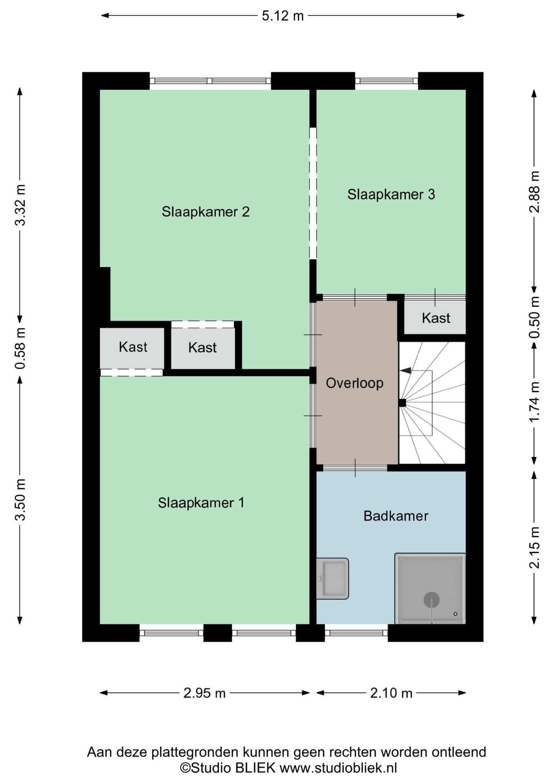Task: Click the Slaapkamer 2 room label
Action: pos(205,212)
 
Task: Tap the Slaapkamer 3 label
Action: pos(391,194)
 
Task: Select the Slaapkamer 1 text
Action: pos(201,502)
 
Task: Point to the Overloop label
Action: pos(355,383)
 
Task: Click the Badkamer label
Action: pos(396,516)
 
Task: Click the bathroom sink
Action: pos(332,578)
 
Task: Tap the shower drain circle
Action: pos(431,599)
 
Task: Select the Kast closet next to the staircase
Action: pos(436,318)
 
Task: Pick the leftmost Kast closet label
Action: pos(133,347)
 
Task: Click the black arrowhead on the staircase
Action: pos(406,370)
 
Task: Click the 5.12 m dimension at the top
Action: pos(283,16)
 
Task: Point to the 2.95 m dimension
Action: pos(204,693)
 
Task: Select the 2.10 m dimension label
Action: pos(391,693)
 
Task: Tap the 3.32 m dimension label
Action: pos(20,205)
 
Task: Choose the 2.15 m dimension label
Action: pos(534,547)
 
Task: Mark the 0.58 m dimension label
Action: pos(20,348)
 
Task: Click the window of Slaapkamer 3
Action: pos(386,81)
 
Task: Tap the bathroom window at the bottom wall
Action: pos(356,633)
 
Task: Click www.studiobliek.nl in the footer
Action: pos(338,768)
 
